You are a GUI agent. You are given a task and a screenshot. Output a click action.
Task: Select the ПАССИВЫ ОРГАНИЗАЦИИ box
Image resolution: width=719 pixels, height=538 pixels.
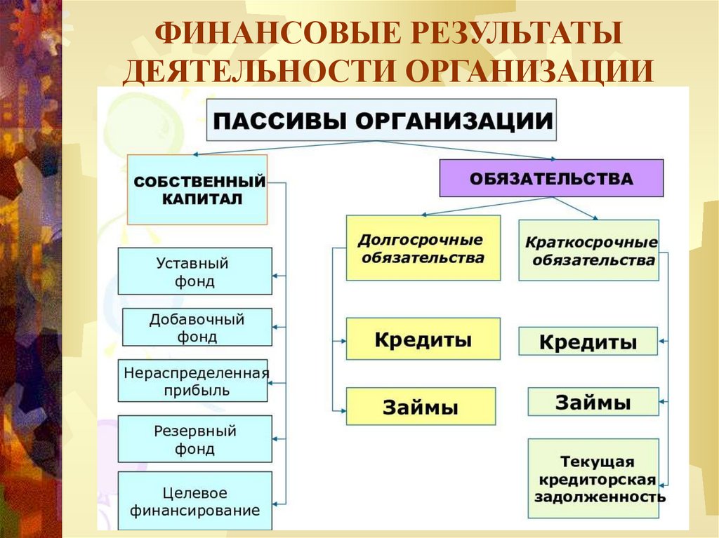click(x=381, y=120)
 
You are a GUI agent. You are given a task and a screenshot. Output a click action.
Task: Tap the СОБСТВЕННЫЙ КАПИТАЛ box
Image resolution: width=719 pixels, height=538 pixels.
click(x=197, y=189)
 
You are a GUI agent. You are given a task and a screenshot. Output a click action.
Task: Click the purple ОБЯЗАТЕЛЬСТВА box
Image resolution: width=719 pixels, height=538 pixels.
click(x=551, y=178)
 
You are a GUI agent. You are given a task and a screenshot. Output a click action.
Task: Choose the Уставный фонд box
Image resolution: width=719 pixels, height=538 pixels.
click(x=194, y=271)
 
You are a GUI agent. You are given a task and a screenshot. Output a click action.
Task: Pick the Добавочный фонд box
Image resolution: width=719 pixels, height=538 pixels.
click(x=197, y=327)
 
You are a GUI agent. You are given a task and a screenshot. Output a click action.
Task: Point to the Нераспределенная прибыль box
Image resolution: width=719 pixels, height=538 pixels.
click(x=192, y=381)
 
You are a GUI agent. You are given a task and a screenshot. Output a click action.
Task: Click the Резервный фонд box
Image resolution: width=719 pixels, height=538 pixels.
click(x=194, y=439)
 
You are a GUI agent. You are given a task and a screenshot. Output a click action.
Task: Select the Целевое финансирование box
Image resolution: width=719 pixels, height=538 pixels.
click(x=194, y=501)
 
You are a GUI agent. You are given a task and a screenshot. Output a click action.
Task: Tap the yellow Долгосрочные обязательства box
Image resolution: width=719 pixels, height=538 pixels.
click(x=423, y=248)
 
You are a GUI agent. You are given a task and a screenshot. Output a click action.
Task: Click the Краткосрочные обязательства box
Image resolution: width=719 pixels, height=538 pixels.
click(x=588, y=250)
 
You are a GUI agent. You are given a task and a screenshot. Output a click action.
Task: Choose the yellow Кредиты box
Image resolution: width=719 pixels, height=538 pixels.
click(x=423, y=339)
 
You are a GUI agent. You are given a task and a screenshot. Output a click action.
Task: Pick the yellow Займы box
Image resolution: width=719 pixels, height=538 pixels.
click(x=420, y=406)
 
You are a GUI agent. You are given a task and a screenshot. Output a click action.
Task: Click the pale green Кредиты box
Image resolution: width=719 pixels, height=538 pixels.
click(x=588, y=342)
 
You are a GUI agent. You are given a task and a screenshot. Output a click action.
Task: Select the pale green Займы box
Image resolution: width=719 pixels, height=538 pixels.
click(x=593, y=402)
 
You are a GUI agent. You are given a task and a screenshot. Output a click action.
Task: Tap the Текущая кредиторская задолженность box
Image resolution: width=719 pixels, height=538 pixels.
click(x=593, y=478)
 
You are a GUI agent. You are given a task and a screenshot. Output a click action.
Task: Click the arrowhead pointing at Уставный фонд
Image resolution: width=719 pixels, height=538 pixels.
click(x=276, y=275)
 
